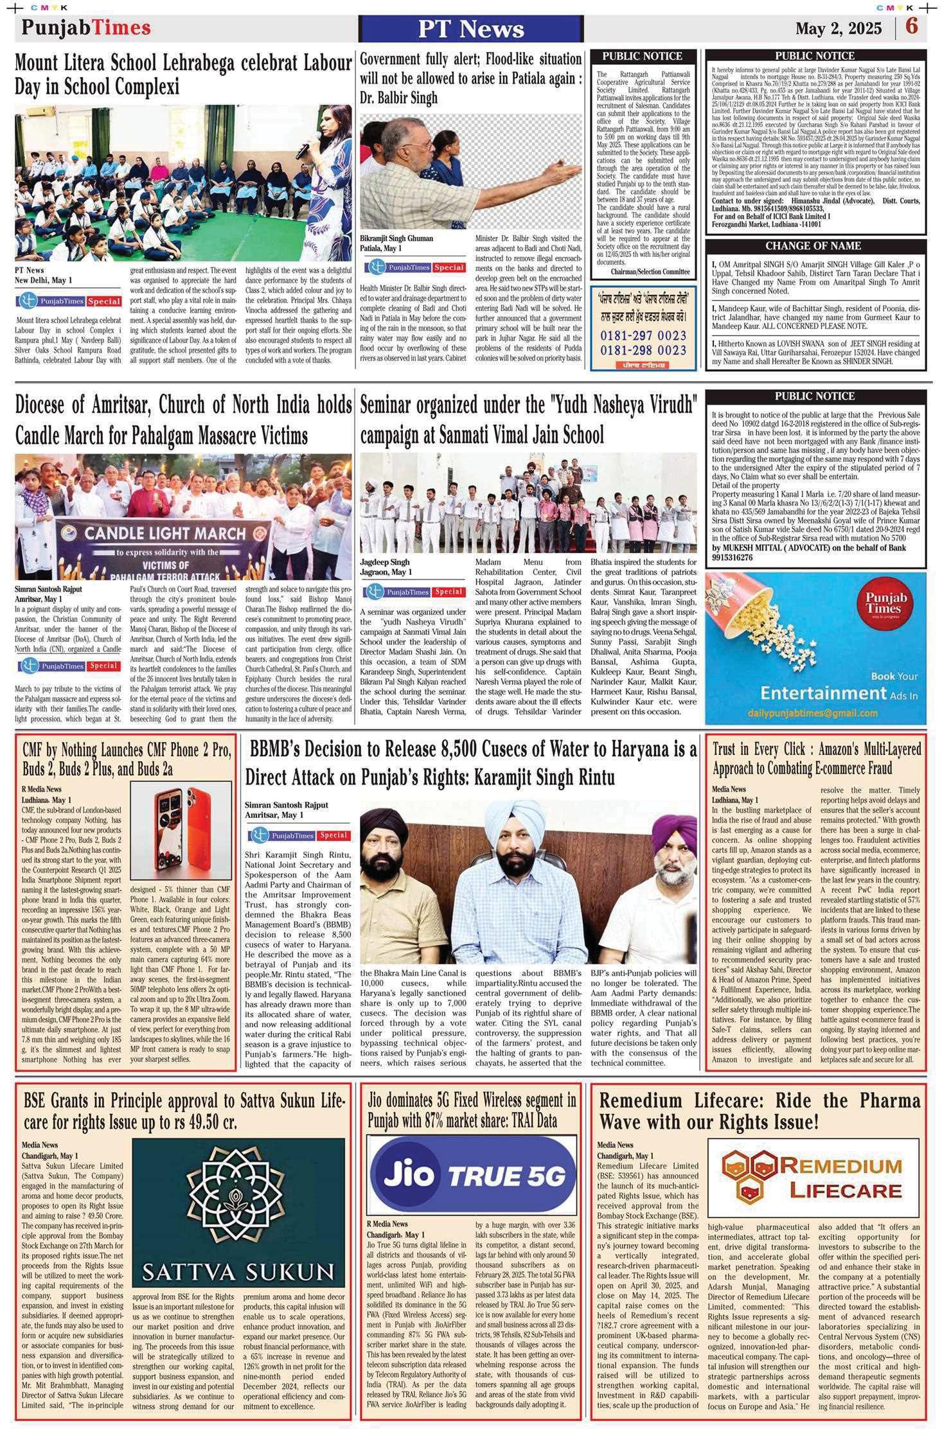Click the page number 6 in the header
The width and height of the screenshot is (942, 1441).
[912, 27]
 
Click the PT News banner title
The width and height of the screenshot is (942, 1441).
[470, 29]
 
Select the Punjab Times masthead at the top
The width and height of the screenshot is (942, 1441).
[86, 28]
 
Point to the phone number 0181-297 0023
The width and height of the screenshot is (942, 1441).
[643, 335]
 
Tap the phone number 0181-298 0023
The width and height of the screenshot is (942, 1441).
[643, 350]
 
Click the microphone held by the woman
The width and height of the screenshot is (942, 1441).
[302, 149]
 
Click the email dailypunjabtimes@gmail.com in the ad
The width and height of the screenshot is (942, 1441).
[812, 713]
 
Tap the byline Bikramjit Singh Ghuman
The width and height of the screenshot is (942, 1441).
[396, 238]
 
